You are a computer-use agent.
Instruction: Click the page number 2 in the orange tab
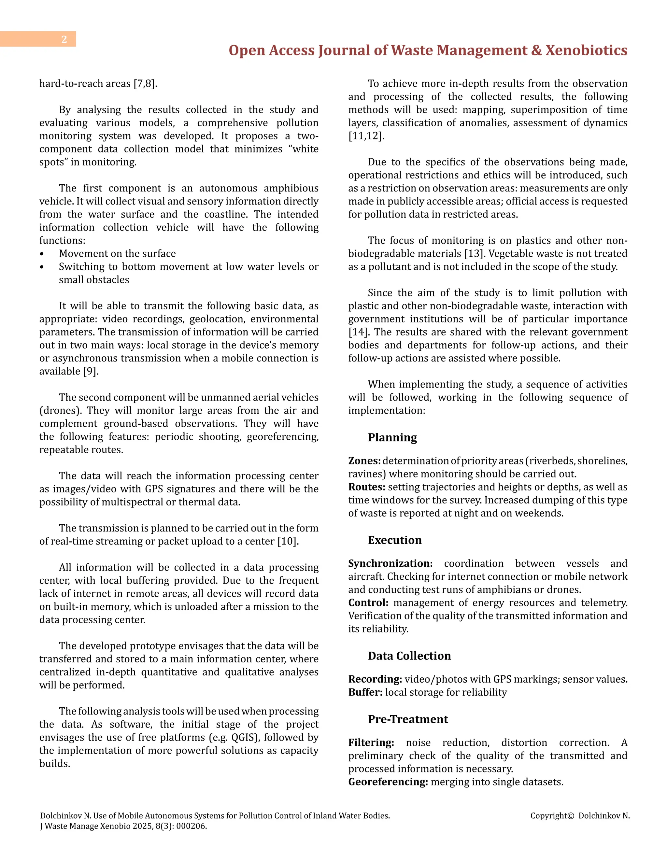point(64,39)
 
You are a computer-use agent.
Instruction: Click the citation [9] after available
point(90,372)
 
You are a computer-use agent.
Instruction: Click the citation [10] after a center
point(287,541)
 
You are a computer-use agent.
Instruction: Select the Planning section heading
point(392,438)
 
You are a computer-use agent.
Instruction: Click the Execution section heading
point(394,540)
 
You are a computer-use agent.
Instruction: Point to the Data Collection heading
point(409,656)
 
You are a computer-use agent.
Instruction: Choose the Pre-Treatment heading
point(407,719)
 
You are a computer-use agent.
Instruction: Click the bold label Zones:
point(364,461)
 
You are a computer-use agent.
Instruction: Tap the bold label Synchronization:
point(390,563)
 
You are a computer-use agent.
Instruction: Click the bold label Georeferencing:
point(388,782)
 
